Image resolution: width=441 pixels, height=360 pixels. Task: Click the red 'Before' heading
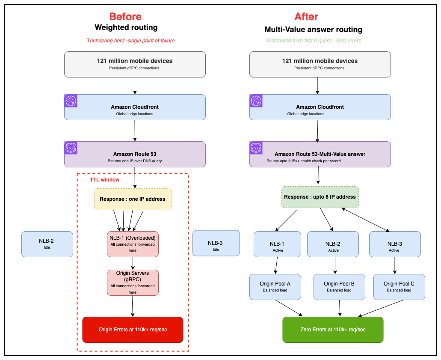125,17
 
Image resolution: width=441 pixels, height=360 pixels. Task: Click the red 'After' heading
306,17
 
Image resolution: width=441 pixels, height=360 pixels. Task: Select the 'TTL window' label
105,180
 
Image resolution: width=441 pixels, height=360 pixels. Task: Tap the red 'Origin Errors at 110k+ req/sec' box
133,330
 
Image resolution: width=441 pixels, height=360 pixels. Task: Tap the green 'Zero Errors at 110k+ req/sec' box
333,330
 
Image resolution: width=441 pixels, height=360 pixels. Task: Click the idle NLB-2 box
47,244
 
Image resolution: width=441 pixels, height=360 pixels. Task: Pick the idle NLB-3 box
216,243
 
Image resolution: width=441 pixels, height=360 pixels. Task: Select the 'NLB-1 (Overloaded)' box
133,244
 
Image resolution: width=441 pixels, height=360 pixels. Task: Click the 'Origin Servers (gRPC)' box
133,283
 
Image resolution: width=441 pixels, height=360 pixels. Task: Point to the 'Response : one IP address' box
133,199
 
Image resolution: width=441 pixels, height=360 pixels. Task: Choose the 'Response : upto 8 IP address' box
320,197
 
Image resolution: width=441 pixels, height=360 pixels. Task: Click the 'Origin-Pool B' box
339,287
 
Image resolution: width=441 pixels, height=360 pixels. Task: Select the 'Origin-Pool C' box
399,287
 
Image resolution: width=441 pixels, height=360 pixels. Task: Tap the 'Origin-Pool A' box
275,287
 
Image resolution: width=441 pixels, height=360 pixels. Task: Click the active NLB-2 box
333,244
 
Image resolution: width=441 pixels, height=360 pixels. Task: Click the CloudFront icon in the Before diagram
71,101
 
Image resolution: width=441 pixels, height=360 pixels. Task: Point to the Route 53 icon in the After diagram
256,148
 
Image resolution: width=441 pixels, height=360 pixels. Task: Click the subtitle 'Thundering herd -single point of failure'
131,41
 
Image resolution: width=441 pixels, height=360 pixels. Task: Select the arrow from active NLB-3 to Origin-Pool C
395,265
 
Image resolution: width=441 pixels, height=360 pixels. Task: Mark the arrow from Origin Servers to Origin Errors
133,306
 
